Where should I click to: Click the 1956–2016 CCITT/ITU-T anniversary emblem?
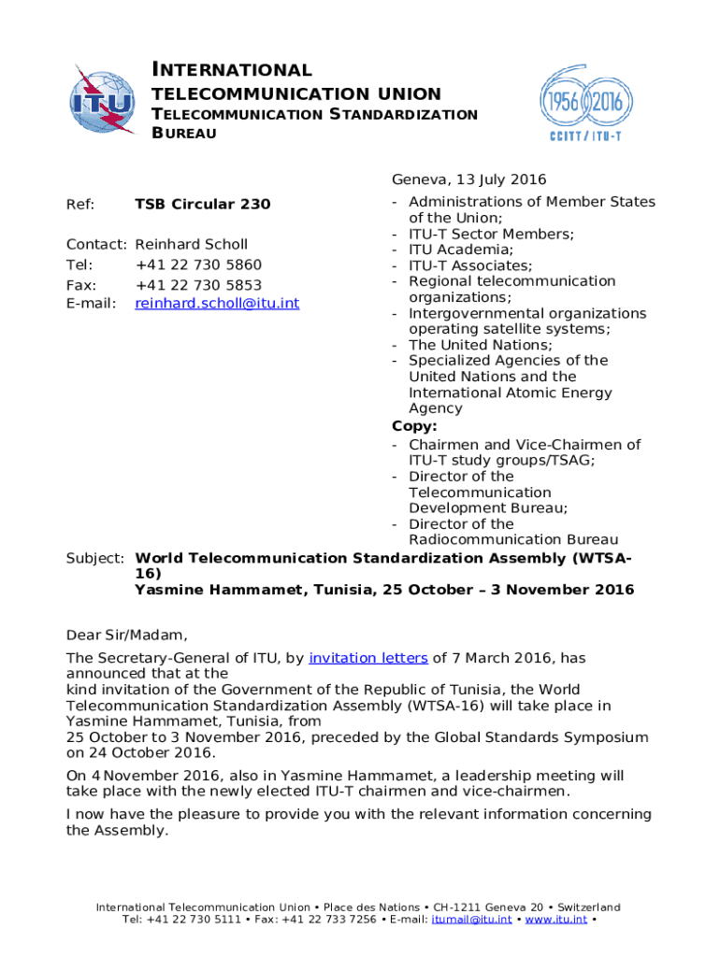click(580, 101)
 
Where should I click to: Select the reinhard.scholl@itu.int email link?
click(217, 303)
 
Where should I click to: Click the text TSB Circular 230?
click(203, 204)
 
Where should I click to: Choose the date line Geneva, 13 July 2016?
click(468, 179)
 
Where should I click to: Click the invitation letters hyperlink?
click(368, 658)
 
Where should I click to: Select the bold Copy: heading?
click(414, 426)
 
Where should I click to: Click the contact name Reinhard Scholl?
click(192, 244)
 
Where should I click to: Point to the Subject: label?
click(94, 558)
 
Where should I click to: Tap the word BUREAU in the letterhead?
click(184, 134)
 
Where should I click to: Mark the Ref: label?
click(79, 204)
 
